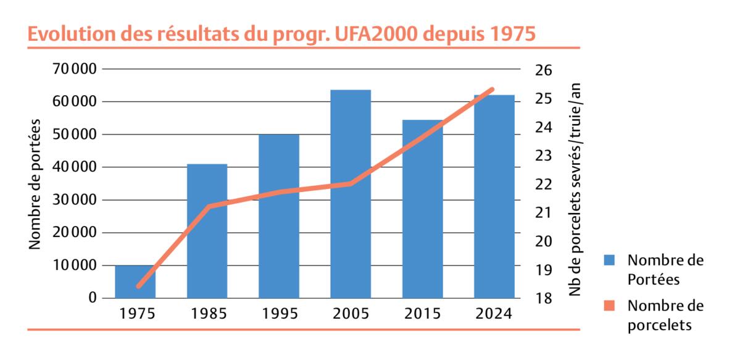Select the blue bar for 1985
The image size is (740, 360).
[x=207, y=232]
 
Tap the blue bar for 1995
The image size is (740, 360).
[x=279, y=216]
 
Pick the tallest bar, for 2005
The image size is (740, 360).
[x=351, y=195]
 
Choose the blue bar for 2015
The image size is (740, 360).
[x=423, y=210]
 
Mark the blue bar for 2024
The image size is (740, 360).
[x=494, y=198]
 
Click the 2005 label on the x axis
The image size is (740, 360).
[x=351, y=314]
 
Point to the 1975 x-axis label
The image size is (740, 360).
[x=135, y=314]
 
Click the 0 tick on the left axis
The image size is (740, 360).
[x=93, y=298]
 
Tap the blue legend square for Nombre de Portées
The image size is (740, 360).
[x=610, y=260]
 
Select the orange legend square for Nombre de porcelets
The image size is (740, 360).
[x=610, y=306]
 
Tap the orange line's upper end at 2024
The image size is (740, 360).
[x=493, y=90]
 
